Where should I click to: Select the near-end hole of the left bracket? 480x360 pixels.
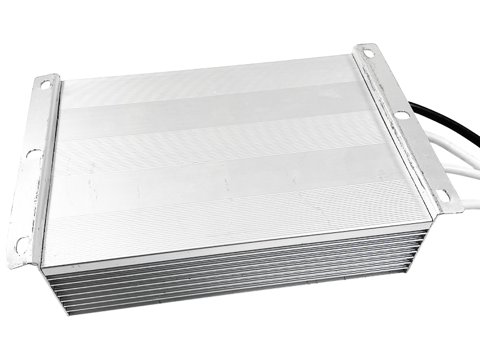point(22,243)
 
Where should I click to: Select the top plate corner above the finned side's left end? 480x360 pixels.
point(43,265)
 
